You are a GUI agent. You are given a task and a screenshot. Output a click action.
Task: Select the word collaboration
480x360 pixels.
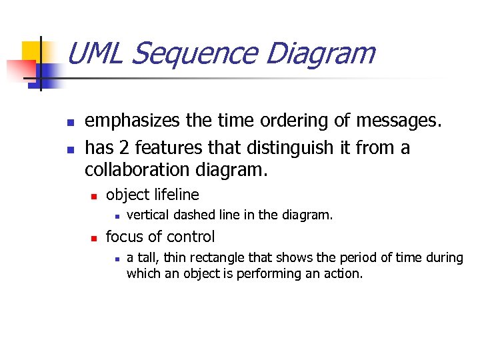pos(138,171)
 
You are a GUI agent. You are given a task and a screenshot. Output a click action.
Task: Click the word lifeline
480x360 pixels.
pos(176,195)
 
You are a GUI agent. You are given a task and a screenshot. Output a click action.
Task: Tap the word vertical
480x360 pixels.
pos(145,215)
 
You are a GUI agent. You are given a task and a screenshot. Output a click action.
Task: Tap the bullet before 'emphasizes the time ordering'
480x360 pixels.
pos(69,123)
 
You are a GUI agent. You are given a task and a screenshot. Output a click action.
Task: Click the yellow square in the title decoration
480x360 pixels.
pos(32,51)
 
